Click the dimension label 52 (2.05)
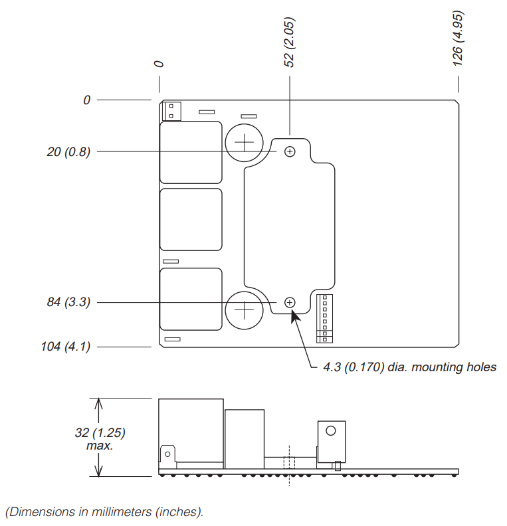(x=289, y=43)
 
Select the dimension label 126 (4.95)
(x=458, y=39)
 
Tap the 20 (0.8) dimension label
(x=69, y=152)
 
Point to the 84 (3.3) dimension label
(x=69, y=302)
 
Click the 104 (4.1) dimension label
(x=66, y=347)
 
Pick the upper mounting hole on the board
(x=290, y=151)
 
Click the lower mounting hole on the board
(x=290, y=303)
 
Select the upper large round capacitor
(x=244, y=143)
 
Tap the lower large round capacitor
(x=244, y=310)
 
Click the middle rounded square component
(x=191, y=219)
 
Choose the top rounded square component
(x=191, y=152)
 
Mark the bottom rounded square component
(x=191, y=299)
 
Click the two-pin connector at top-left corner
(x=171, y=111)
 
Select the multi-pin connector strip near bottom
(x=324, y=319)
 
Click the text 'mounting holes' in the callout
(x=454, y=367)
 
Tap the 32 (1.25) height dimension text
(x=100, y=432)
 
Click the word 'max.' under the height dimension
(x=100, y=446)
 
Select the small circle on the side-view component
(x=330, y=431)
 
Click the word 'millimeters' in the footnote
(x=122, y=512)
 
